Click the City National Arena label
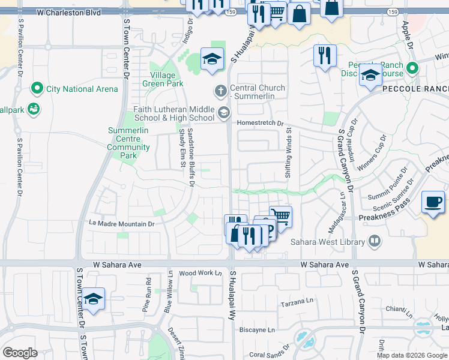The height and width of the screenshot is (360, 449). [82, 89]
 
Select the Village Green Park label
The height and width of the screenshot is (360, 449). [163, 80]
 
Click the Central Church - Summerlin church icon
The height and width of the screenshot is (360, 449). [220, 91]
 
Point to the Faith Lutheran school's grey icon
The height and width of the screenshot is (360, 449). [224, 112]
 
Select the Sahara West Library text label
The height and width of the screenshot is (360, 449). [328, 242]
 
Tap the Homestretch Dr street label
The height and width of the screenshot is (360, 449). [260, 123]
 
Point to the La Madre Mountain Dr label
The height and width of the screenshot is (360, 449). [122, 223]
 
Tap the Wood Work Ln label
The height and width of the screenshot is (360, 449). [200, 273]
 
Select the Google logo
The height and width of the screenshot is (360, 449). [19, 353]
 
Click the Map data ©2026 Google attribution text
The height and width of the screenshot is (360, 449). [412, 355]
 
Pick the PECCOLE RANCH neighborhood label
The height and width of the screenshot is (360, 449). [415, 89]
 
